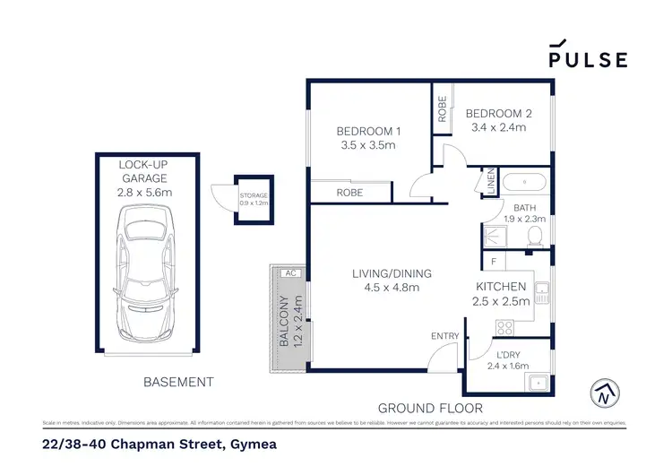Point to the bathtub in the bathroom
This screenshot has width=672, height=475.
click(522, 183)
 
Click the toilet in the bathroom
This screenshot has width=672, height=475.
click(535, 236)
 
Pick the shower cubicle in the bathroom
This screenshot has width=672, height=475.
click(494, 237)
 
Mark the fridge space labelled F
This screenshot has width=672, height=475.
click(494, 261)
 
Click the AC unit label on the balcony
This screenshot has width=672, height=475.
click(289, 272)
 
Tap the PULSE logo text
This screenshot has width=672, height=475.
click(588, 59)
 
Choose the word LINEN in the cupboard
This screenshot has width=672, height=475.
click(491, 182)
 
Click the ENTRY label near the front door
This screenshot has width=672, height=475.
click(444, 336)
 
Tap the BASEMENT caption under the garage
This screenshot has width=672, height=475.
click(179, 382)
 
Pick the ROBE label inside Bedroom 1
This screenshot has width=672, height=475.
click(349, 193)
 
